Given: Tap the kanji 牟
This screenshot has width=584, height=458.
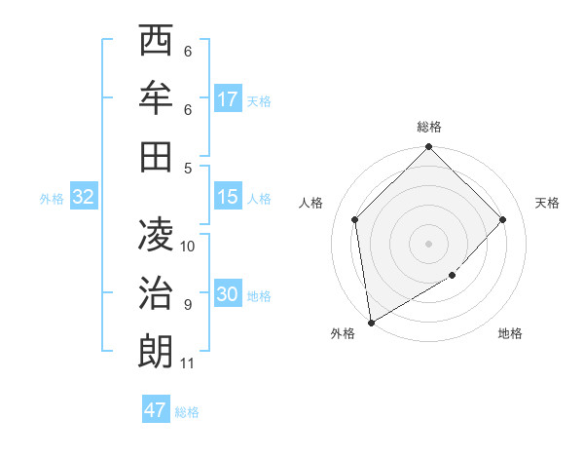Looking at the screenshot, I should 156,97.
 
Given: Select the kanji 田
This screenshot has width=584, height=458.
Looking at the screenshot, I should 156,156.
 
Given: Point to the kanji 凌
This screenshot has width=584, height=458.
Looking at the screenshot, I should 156,234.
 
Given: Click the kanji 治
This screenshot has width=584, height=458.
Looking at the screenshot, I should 156,292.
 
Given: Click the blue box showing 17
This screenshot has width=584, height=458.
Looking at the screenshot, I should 228,99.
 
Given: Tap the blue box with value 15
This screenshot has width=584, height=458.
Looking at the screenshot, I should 228,198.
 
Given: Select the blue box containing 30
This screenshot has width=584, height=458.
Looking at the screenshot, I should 228,295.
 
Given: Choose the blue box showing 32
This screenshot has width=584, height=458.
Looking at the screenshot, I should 84,198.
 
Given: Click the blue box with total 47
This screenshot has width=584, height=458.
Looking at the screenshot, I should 156,410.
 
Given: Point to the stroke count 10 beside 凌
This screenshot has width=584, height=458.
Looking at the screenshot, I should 189,246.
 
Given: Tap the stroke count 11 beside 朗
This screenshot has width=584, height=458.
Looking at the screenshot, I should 189,363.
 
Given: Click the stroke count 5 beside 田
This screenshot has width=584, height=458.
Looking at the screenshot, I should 188,168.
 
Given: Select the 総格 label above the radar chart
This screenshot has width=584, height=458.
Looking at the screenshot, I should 429,127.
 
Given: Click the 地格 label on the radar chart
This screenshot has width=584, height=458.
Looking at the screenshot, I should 510,334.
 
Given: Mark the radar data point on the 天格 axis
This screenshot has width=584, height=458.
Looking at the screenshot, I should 503,219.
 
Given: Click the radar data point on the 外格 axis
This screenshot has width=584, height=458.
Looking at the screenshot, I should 371,323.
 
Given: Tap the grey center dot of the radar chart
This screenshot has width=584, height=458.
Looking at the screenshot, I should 429,243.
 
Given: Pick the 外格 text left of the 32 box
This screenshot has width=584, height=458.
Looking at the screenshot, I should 52,199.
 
